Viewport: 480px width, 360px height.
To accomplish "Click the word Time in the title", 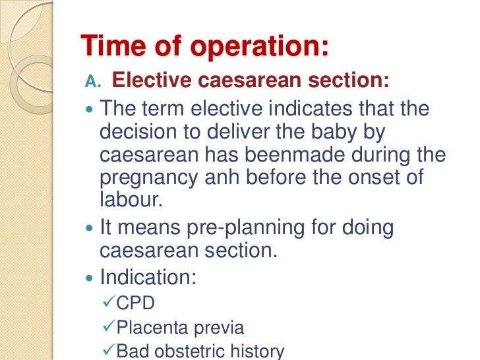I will (x=109, y=47).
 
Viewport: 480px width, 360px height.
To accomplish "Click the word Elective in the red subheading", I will (x=150, y=81).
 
